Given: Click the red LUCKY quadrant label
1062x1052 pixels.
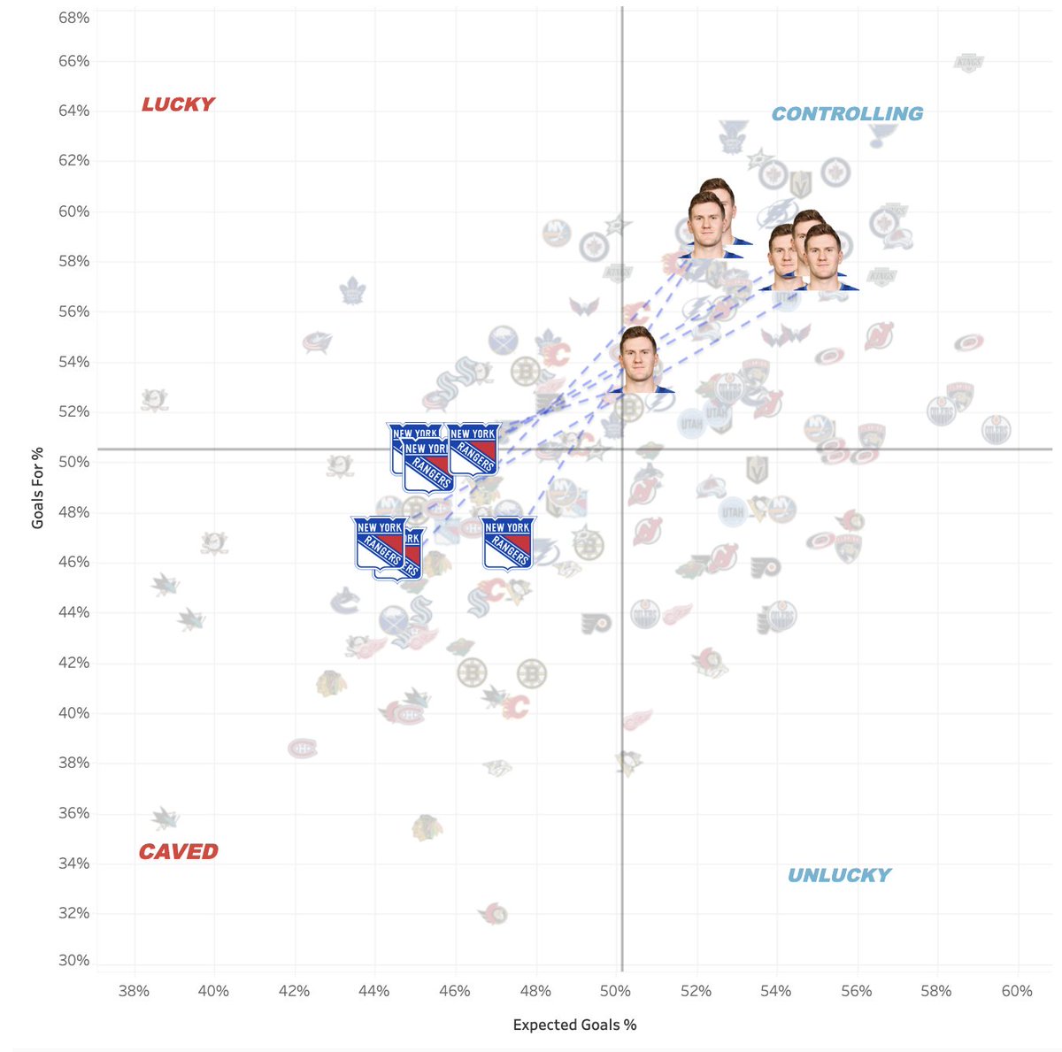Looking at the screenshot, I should coord(178,104).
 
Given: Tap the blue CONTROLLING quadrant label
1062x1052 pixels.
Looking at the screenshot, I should coord(847,114).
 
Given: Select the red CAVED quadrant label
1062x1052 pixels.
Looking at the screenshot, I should coord(178,852).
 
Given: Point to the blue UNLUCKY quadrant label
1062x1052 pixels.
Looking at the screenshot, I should coord(839,876).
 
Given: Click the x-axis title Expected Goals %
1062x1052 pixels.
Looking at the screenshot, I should coord(574,1025).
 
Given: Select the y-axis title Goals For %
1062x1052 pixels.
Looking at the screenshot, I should coord(37,488).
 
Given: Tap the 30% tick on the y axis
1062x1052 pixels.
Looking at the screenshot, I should coord(74,960).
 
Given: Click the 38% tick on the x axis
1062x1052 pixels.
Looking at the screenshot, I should coord(134,991).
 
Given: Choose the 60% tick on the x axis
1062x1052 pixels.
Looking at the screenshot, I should coord(1017,991).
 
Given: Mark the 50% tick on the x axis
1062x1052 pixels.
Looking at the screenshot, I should coord(616,991).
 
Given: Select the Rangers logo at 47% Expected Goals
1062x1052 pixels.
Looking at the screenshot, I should coord(508,542).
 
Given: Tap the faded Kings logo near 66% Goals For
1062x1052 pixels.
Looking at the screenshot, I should coord(968,63).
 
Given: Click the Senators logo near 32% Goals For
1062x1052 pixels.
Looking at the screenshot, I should coord(494,913).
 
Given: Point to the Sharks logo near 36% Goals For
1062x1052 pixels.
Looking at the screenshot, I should coord(164,818).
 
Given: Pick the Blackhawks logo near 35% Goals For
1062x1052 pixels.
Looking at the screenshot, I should coord(427,828).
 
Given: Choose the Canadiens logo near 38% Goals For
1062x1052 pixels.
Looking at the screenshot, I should coord(303,749).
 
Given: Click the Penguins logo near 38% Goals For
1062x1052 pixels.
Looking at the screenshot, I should coord(628,763).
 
